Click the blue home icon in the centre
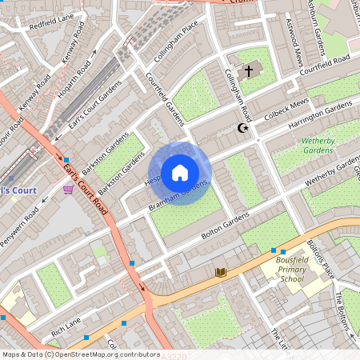(180, 172)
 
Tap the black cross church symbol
(249, 71)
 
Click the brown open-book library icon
(221, 273)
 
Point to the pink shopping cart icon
(68, 190)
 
